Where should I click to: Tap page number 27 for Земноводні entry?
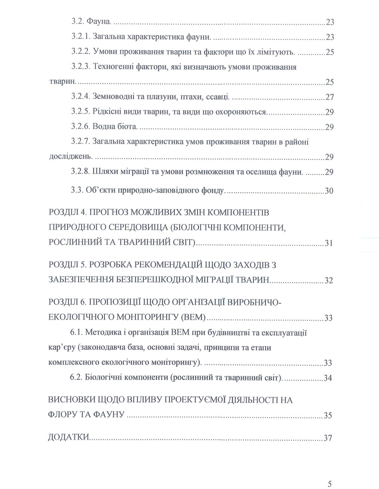point(330,97)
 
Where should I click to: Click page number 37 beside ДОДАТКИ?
point(328,438)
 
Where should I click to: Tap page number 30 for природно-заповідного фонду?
point(329,190)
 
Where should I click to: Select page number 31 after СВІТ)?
point(329,243)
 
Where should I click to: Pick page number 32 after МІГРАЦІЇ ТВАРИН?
point(329,280)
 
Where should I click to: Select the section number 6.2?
point(76,378)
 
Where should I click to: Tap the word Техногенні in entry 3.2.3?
point(110,67)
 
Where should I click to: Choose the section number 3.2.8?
point(80,172)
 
